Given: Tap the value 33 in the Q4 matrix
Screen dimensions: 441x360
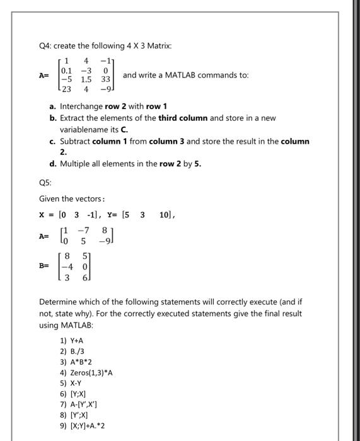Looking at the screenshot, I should point(105,80).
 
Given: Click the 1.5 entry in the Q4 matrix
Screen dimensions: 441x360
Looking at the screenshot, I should point(86,80).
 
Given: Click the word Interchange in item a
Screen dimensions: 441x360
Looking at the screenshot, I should point(81,106).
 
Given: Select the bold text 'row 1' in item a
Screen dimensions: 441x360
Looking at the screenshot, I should point(156,106).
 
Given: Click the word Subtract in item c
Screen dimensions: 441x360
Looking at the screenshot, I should point(75,141).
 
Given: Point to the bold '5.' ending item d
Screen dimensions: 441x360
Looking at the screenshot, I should point(197,164).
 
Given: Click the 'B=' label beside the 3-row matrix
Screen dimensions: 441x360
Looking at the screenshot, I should point(44,266).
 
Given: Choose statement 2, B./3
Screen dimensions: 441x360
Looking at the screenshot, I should point(72,351).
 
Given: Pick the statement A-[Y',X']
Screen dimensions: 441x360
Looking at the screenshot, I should point(79,404).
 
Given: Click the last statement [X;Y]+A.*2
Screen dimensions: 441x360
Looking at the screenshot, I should point(83,426).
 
